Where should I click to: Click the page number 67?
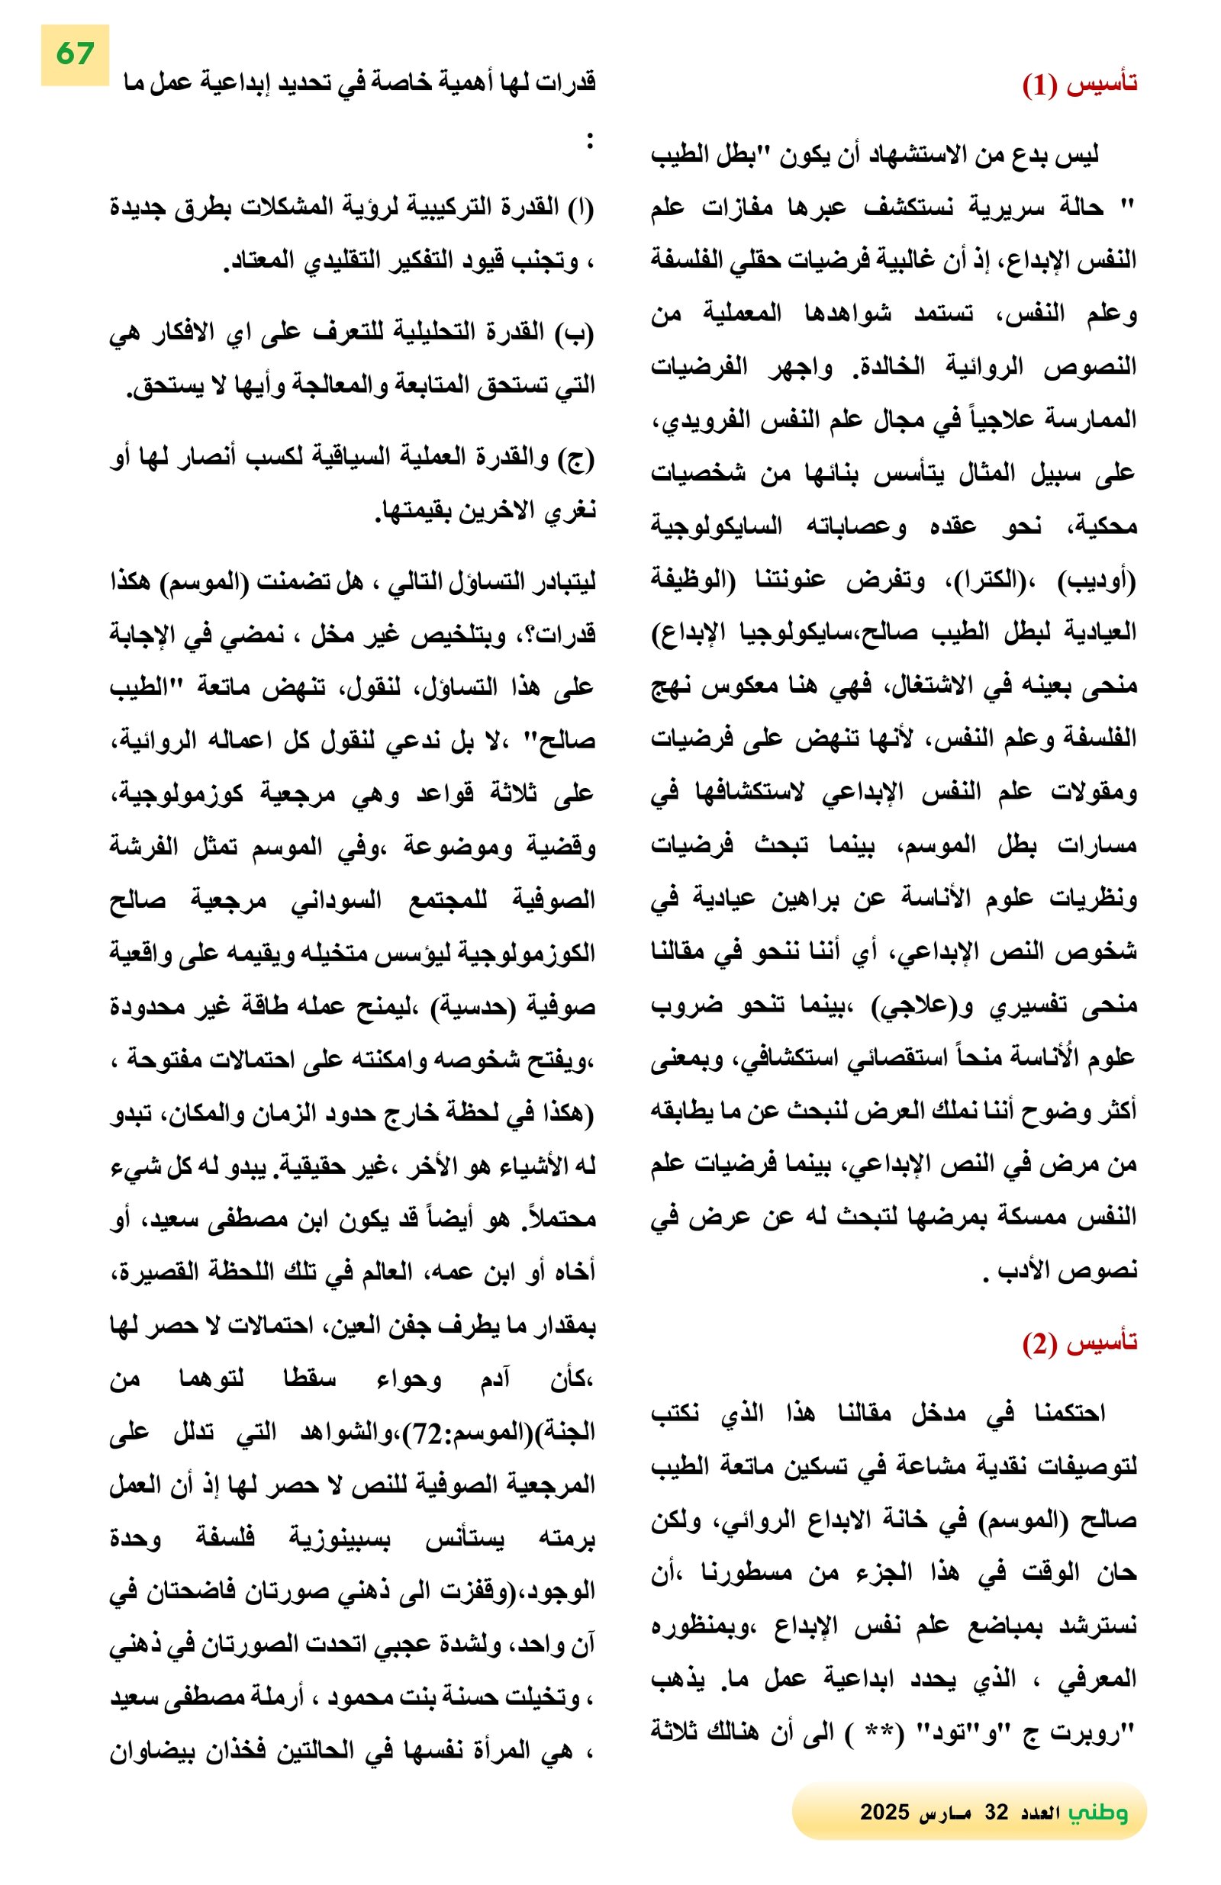(76, 54)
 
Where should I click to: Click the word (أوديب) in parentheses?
(1097, 581)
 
